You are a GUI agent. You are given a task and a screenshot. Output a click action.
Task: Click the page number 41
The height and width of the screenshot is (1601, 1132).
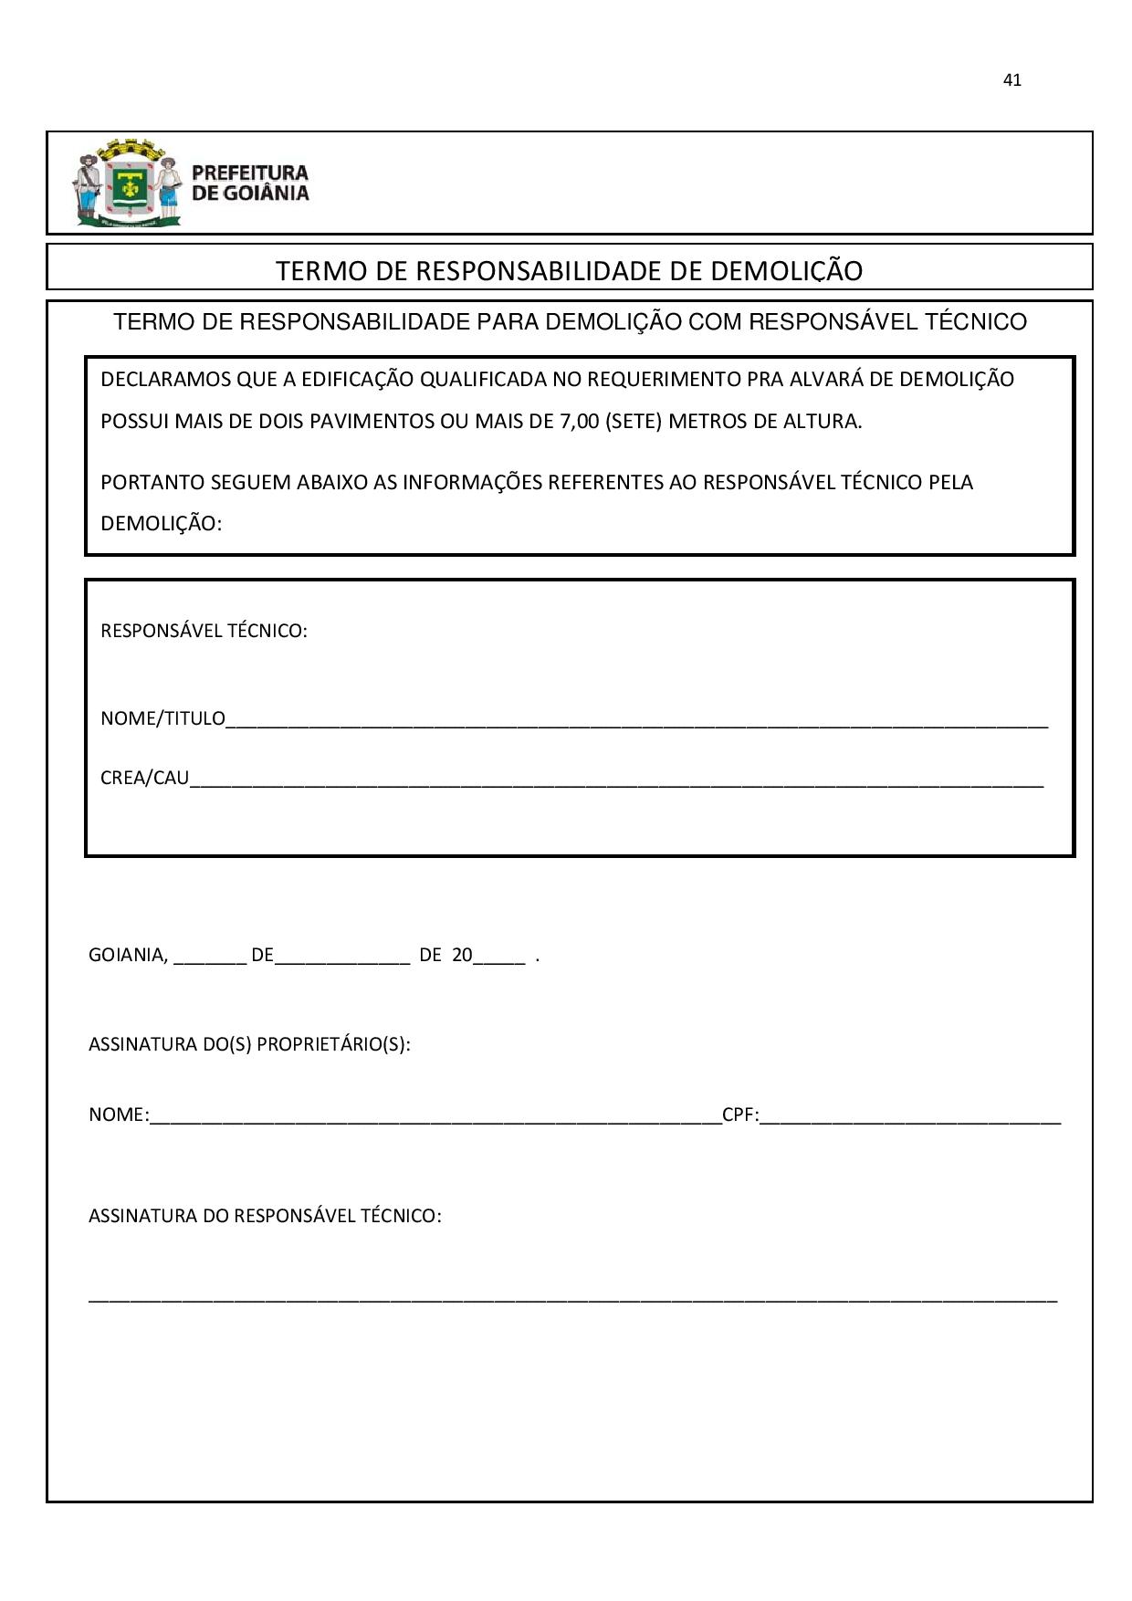point(1011,80)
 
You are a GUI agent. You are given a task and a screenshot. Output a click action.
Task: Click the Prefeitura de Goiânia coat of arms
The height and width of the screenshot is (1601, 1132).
point(127,183)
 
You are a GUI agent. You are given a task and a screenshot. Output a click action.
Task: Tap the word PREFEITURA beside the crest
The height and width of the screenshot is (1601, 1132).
point(250,173)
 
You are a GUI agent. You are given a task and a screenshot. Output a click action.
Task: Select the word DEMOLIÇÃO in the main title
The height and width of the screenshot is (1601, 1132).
point(786,271)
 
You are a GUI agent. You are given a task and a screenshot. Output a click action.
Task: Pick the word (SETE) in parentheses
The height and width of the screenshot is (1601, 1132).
point(633,422)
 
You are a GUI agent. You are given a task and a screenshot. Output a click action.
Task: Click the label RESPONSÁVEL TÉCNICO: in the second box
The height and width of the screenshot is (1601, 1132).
point(204,631)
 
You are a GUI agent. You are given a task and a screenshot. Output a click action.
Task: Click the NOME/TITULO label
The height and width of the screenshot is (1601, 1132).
point(162,719)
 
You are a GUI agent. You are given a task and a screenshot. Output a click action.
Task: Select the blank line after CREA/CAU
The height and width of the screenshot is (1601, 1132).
point(616,781)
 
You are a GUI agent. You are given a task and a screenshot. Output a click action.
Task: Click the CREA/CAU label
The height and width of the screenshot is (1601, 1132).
point(144,779)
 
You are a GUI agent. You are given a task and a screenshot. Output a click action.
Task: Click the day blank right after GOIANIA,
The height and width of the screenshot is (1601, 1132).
point(209,959)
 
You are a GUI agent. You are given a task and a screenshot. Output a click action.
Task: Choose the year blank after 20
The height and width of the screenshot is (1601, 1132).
point(499,959)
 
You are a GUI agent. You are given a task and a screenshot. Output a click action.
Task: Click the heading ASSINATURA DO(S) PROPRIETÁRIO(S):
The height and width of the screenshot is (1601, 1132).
point(249,1044)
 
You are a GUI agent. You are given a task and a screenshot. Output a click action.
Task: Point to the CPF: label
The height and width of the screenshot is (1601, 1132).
point(740,1114)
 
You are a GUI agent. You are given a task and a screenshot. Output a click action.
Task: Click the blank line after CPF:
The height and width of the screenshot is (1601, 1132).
point(910,1118)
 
